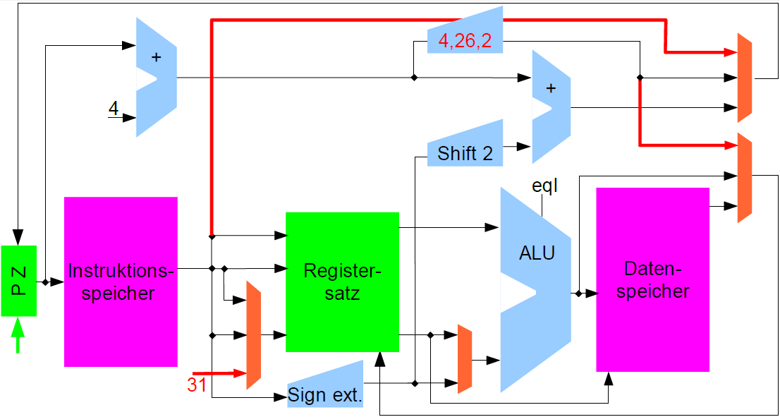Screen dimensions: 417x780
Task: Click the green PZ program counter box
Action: pos(19,281)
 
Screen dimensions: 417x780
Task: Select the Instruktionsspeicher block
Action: pos(121,282)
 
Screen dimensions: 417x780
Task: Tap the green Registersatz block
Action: pos(342,282)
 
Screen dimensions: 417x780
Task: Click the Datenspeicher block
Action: pos(652,279)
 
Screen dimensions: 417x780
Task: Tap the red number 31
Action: pos(197,385)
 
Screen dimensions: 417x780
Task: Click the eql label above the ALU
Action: pos(545,186)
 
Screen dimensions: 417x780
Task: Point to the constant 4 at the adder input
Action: pos(114,109)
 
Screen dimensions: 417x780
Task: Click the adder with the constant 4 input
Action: pos(156,77)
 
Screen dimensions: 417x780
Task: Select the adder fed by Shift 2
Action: pos(551,107)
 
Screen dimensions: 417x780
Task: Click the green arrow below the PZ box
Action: pos(19,335)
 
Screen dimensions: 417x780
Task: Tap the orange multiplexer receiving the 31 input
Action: pos(253,335)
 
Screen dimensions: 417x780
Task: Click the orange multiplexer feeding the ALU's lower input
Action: pos(465,359)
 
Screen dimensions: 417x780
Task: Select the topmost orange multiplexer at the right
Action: pos(744,77)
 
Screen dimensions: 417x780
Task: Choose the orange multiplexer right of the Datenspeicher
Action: pos(745,178)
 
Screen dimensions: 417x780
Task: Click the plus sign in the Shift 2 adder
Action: pos(551,87)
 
